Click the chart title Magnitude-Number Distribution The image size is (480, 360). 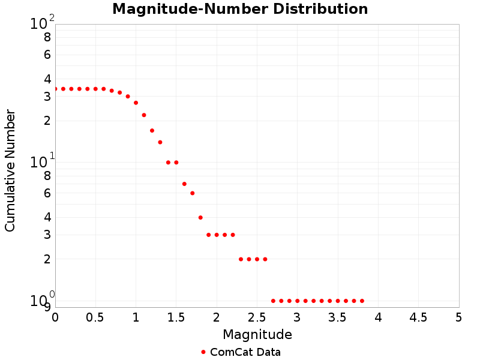pos(240,9)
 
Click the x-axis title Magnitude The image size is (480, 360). pos(257,334)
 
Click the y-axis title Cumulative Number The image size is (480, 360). pos(10,170)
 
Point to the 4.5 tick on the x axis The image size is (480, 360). pos(418,317)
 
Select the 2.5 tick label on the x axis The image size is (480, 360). pos(257,317)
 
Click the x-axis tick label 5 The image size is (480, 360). pos(459,317)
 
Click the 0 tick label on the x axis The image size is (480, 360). pos(55,317)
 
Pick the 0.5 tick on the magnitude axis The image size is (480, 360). pos(95,317)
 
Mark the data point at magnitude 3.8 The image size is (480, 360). pos(362,301)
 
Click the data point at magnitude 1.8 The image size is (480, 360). pos(200,217)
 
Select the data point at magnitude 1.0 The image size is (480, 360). pos(136,103)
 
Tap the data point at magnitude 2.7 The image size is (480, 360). pos(273,301)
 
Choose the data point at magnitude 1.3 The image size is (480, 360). pos(160,142)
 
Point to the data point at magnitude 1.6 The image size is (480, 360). pos(184,184)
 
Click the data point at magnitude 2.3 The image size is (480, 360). pos(241,259)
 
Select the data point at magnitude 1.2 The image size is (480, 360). pos(152,130)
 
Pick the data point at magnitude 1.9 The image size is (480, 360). pos(208,235)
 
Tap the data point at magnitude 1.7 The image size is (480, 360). pos(193,193)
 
